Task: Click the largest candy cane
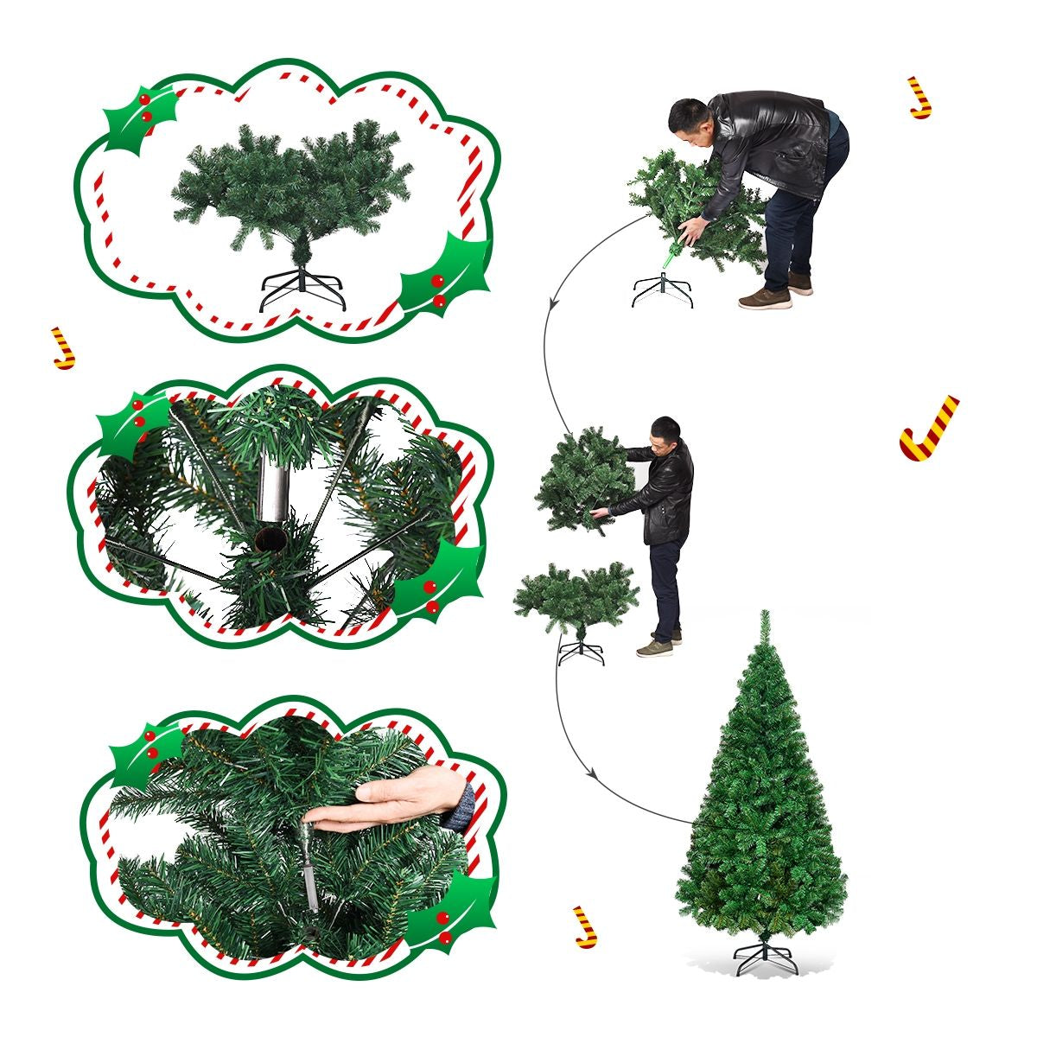point(928,428)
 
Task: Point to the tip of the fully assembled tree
point(764,615)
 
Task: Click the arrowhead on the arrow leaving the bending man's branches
point(550,302)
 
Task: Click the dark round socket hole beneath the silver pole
point(270,540)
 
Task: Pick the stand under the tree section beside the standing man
point(580,651)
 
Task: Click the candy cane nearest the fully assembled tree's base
point(586,926)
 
